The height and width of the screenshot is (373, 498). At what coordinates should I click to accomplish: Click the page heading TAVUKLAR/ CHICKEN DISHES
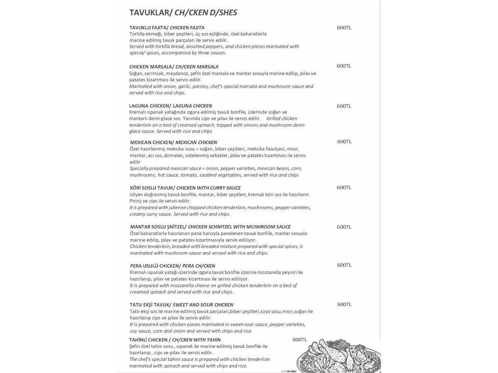183,12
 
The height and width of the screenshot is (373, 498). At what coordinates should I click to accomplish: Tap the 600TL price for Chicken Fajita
344,28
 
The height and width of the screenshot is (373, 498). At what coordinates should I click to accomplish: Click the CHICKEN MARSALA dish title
173,66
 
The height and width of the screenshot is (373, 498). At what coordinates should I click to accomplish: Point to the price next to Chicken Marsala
344,66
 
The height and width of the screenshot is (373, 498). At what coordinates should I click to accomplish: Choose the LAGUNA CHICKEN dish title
171,106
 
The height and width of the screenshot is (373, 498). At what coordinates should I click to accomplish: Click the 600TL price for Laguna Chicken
344,106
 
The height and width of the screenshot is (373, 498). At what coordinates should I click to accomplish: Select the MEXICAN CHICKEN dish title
173,142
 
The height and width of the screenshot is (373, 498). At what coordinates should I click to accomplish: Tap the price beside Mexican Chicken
344,141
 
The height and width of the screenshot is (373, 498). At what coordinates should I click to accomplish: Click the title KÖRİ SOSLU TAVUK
185,188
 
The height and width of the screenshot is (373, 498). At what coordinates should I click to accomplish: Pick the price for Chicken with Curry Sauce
344,187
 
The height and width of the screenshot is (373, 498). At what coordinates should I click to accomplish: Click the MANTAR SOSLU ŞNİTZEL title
210,227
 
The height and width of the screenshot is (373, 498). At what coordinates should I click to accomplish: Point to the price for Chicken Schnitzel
344,227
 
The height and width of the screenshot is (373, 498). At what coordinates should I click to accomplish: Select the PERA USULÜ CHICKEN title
172,266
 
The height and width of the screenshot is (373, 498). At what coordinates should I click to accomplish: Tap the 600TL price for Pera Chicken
344,265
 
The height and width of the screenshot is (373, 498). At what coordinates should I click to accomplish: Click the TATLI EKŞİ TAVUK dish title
181,305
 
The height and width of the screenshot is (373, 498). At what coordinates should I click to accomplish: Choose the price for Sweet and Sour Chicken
344,304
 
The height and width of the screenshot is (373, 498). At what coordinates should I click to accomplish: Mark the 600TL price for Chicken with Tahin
300,340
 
